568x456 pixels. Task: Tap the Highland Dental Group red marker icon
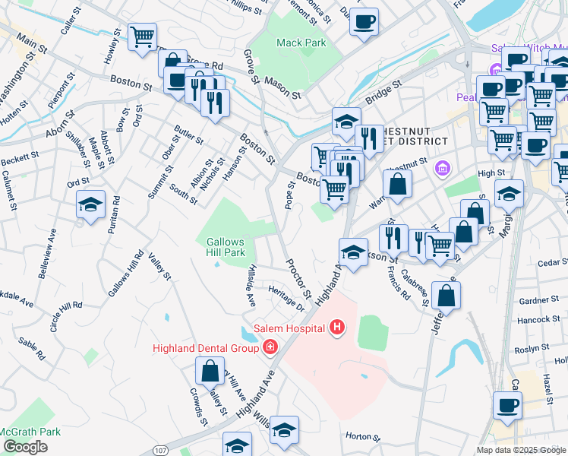coord(269,347)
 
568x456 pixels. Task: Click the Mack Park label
coord(301,43)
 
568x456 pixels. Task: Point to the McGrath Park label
coord(30,432)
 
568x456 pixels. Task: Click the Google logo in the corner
coord(25,447)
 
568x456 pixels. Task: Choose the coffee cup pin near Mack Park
coord(364,21)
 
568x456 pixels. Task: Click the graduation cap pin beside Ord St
coord(90,204)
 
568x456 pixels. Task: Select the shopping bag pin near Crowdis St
coord(209,372)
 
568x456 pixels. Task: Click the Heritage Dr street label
coord(287,296)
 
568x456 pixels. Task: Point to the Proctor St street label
coord(298,278)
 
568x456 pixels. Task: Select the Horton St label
coord(362,437)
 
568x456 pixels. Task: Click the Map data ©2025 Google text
coord(520,450)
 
